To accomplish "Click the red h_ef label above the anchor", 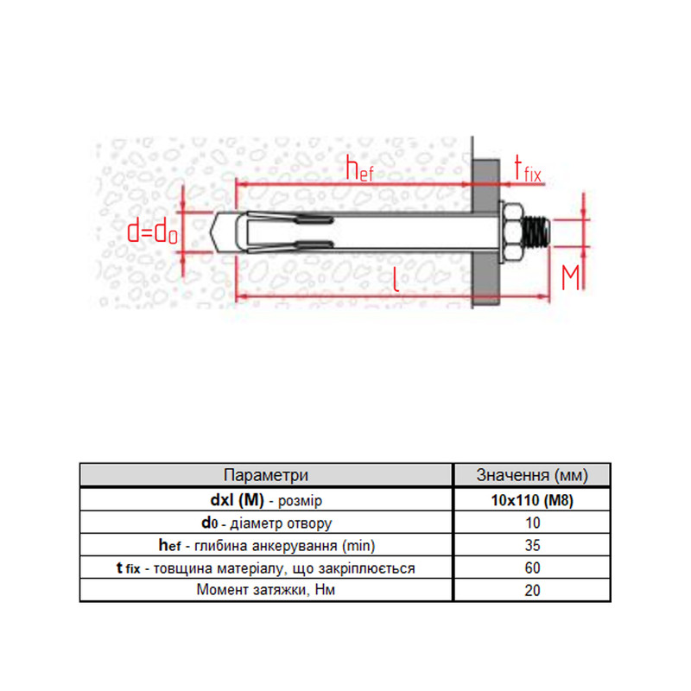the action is [x=359, y=168].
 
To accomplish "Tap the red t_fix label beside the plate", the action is [x=528, y=168].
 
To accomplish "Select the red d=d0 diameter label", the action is [x=153, y=231].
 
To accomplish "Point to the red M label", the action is [x=570, y=276].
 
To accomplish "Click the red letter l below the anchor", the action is [x=396, y=279].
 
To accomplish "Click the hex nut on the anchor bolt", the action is [x=511, y=232].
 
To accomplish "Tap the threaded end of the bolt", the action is [x=536, y=232].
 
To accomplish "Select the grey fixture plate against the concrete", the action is [x=485, y=232].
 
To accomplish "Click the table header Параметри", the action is [x=266, y=475].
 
